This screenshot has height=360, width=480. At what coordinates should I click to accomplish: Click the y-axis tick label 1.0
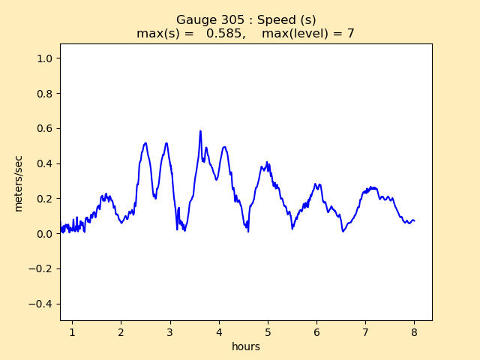(45, 58)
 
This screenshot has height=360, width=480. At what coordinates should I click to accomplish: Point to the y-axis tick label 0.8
(45, 94)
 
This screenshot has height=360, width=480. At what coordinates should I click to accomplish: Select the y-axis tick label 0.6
(45, 128)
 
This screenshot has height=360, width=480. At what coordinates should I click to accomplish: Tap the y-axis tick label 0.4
(45, 163)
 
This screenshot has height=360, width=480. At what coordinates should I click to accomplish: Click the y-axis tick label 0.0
(45, 234)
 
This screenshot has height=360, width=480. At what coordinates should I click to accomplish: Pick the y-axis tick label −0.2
(42, 268)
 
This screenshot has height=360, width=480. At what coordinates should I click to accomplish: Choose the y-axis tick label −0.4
(42, 304)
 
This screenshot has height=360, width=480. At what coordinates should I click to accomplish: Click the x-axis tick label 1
(72, 331)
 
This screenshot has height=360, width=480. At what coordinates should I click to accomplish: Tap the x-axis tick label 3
(169, 331)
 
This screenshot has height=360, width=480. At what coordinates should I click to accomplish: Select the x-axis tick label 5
(268, 331)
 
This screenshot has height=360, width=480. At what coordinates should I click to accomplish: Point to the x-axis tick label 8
(414, 331)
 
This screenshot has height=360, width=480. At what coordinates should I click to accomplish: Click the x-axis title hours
(246, 346)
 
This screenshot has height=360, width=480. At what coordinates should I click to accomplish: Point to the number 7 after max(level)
(350, 34)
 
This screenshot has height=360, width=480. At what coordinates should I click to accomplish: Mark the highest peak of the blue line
(200, 131)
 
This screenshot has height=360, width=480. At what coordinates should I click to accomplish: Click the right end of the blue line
(414, 220)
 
